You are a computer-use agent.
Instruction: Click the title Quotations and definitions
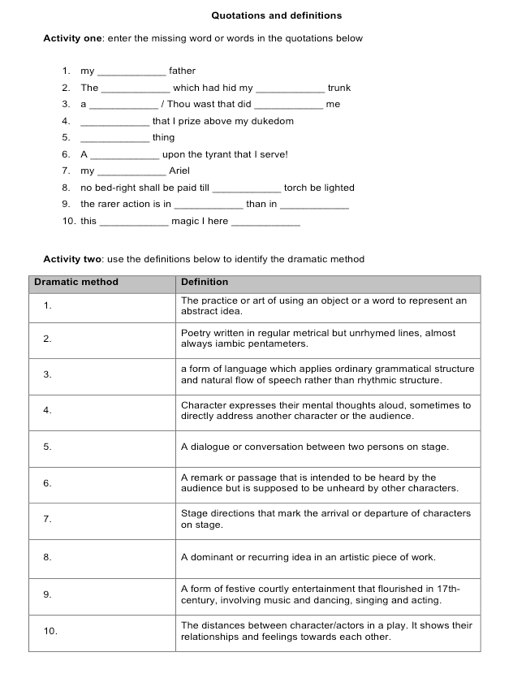276,15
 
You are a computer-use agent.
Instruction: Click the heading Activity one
72,38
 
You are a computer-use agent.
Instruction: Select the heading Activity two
72,259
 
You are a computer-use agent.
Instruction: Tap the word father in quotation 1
182,71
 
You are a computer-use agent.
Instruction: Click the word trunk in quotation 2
339,88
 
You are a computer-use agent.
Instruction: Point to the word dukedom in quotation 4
274,121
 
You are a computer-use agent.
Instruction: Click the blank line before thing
114,138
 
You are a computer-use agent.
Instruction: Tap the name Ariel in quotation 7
179,171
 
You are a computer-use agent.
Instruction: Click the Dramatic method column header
76,283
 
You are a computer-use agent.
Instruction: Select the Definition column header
205,283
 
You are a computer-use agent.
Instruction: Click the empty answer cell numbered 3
101,374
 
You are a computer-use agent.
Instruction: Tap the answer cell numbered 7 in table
101,519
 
